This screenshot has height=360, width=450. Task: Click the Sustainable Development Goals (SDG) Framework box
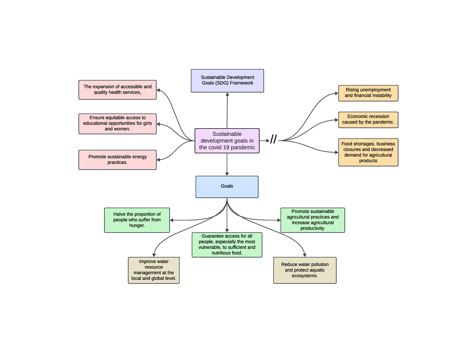(x=227, y=81)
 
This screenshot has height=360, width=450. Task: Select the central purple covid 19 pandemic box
(x=227, y=141)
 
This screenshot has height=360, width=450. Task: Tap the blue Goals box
(x=227, y=186)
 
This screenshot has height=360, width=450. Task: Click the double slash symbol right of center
(x=273, y=139)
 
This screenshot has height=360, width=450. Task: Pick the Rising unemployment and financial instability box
(x=368, y=93)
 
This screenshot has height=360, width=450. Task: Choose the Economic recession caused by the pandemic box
(x=368, y=120)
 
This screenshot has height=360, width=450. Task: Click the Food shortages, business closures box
(x=368, y=152)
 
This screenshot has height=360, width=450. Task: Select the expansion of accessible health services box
(x=117, y=90)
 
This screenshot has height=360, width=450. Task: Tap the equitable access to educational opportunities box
(x=117, y=124)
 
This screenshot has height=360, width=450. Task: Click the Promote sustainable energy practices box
(x=117, y=160)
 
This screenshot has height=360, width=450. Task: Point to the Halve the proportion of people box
(x=137, y=220)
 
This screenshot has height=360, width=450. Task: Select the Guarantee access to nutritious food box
(x=227, y=245)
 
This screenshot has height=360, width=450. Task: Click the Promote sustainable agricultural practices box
(x=312, y=220)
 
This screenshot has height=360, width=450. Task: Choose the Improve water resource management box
(x=154, y=270)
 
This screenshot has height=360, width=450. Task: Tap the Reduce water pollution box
(x=304, y=270)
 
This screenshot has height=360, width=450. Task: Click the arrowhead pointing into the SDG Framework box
(x=227, y=94)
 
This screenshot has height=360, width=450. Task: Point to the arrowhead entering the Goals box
(x=227, y=174)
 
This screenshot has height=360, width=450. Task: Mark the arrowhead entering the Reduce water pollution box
(x=304, y=255)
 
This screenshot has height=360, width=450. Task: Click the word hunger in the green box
(x=137, y=226)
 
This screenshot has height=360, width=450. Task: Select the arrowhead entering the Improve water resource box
(x=154, y=255)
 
